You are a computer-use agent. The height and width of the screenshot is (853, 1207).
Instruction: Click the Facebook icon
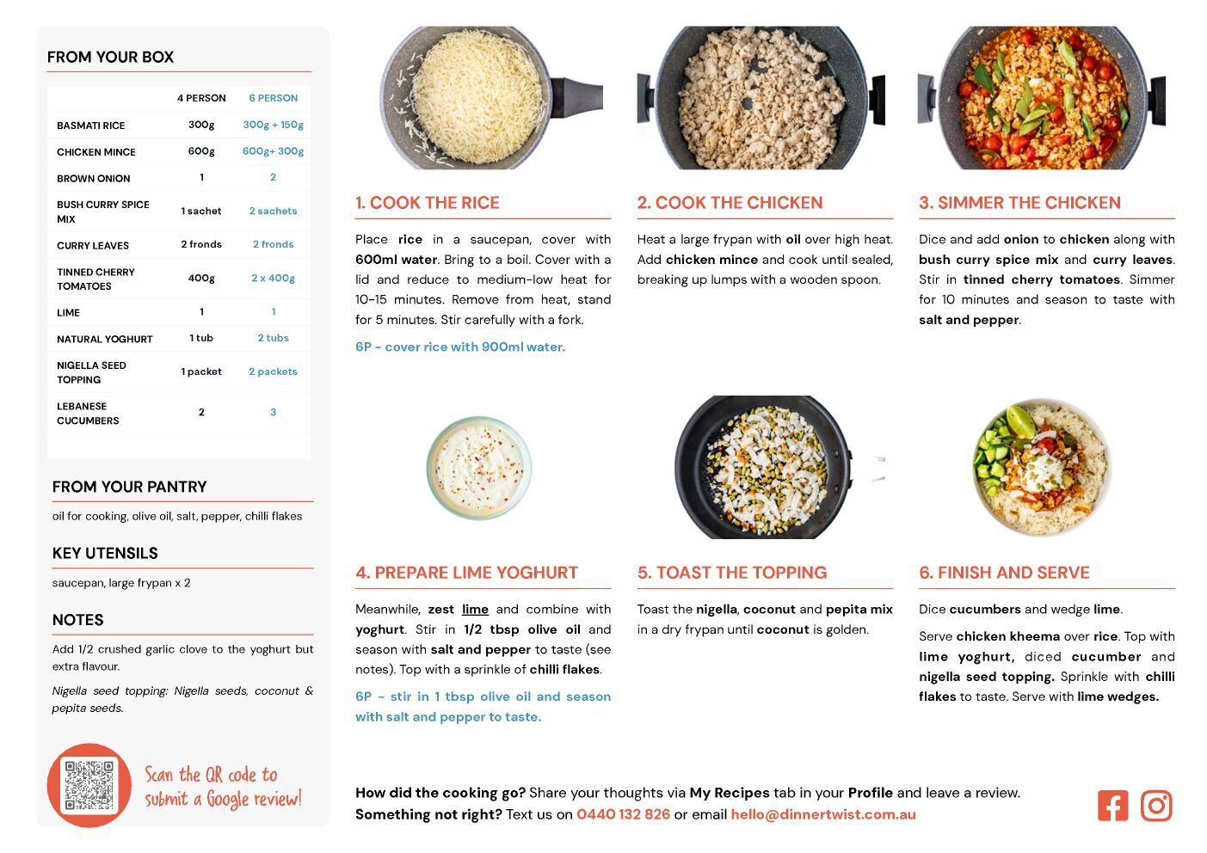(x=1112, y=806)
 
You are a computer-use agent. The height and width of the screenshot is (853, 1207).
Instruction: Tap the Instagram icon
(x=1155, y=806)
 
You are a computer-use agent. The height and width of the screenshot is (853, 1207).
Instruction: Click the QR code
(x=89, y=785)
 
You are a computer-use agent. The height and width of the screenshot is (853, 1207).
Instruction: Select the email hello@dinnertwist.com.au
(x=822, y=814)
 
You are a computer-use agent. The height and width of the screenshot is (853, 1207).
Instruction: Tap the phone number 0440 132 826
(x=623, y=814)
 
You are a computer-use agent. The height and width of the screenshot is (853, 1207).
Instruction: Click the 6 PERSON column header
(x=274, y=98)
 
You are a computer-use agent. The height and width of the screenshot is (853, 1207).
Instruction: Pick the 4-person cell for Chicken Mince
(x=201, y=151)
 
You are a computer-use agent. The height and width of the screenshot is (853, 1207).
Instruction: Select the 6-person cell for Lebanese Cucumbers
(x=274, y=412)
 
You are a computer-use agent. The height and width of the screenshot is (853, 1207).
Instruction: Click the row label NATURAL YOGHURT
(x=105, y=340)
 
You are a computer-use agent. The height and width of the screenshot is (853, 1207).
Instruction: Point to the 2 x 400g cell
(x=274, y=278)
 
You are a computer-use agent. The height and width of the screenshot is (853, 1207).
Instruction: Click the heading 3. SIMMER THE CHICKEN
(x=1019, y=202)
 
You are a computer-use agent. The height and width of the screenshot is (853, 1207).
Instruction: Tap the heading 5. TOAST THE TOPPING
(x=732, y=573)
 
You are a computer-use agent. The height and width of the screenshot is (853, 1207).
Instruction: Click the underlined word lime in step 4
(x=475, y=609)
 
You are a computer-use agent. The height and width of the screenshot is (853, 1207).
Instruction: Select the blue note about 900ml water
(x=460, y=347)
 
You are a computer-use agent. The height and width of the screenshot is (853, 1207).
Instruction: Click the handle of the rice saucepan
(x=577, y=97)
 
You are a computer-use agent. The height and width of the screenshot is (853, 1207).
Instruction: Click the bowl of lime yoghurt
(x=478, y=468)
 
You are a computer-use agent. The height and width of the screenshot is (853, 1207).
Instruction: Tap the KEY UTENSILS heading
(x=105, y=553)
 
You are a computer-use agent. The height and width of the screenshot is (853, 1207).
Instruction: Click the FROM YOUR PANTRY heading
(x=129, y=487)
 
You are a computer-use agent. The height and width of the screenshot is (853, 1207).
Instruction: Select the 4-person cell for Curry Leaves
(x=201, y=244)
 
